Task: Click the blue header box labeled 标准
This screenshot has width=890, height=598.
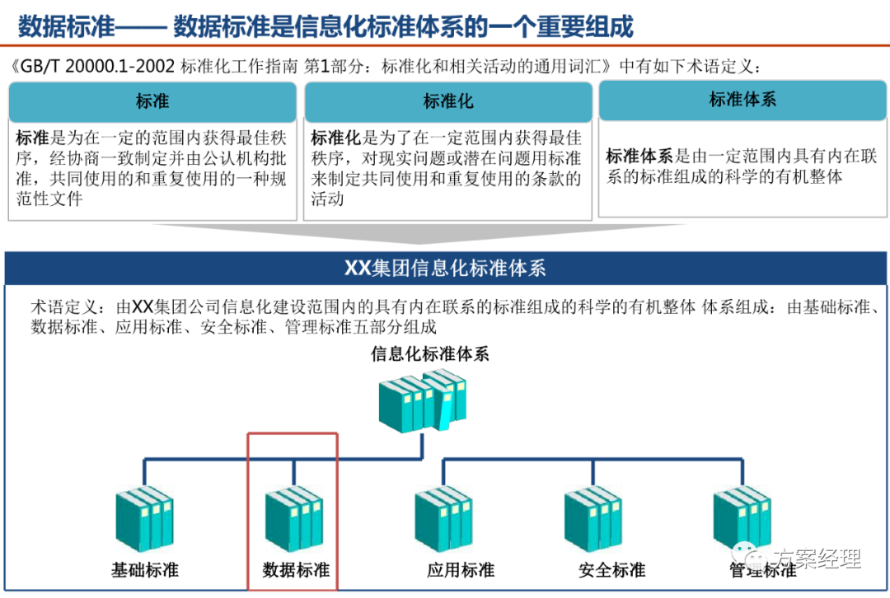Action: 152,101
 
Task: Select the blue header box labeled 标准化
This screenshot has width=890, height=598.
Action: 448,101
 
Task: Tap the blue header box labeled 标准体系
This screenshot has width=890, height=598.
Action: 742,100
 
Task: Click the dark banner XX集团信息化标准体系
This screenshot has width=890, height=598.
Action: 445,269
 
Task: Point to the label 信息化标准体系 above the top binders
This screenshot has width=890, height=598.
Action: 430,354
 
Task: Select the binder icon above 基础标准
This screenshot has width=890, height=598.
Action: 144,519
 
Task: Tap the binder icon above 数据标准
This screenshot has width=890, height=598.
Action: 293,519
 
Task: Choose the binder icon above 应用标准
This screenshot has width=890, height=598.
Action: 443,519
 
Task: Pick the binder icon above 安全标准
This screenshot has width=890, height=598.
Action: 593,519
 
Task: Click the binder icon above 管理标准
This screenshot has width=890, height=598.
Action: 742,519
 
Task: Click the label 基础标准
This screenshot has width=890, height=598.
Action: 145,569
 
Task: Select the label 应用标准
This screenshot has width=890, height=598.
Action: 461,569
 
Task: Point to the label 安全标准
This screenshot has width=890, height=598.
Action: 611,569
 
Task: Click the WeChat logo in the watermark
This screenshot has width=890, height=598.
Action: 750,558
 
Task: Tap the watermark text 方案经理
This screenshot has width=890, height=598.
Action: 817,558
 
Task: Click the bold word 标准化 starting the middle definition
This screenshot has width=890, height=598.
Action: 336,138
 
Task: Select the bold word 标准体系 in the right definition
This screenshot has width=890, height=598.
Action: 639,156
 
